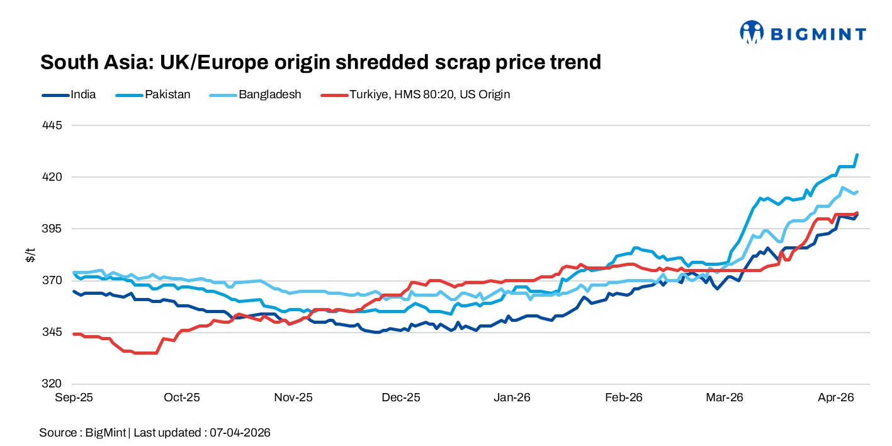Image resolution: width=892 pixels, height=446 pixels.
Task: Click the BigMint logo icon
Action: click(x=751, y=32)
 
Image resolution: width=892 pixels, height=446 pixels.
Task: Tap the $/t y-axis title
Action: click(x=30, y=254)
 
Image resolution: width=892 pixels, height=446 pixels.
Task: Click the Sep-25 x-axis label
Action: click(x=74, y=397)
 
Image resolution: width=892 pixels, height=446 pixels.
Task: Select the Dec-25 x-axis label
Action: click(x=402, y=397)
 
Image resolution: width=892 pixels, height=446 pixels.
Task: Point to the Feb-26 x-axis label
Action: click(x=623, y=397)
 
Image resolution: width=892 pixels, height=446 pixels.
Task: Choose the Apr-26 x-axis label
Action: click(x=835, y=397)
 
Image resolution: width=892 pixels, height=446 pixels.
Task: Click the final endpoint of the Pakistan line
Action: click(x=857, y=155)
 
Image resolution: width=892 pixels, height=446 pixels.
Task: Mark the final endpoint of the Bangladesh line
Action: click(x=857, y=192)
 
